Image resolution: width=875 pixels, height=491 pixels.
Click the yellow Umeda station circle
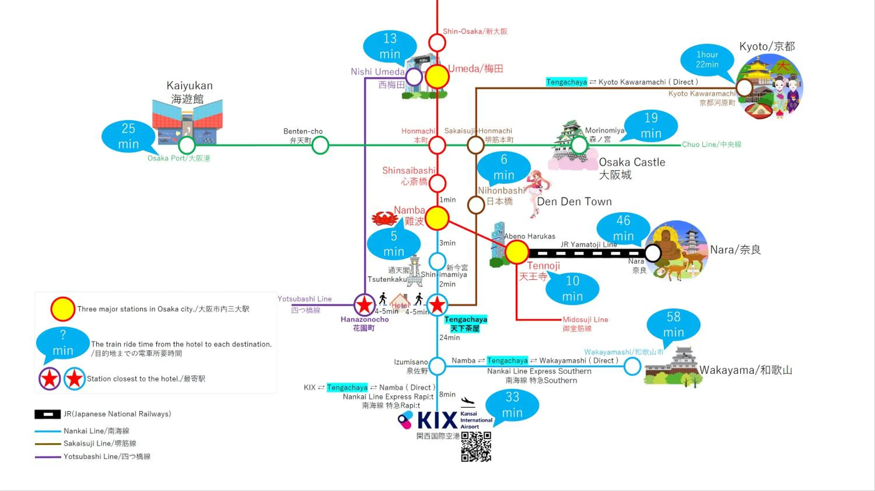point(437,77)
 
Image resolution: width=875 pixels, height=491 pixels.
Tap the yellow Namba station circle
point(437,218)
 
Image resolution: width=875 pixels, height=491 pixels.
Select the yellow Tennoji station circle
point(516,252)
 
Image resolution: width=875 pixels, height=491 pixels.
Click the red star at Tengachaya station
point(437,305)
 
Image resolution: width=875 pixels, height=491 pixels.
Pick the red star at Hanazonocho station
point(365,305)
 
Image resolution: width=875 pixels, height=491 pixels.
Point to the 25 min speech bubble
point(128,136)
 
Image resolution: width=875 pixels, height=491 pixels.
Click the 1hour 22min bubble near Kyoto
point(707,60)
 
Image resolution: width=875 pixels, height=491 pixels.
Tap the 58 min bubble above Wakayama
point(673,325)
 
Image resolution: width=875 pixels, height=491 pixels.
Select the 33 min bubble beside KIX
point(512,405)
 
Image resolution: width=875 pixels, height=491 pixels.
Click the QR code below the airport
point(476,446)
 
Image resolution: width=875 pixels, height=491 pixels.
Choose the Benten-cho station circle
point(320,145)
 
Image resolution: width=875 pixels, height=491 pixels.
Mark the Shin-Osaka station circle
point(437,43)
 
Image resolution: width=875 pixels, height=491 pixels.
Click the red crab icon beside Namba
point(384,218)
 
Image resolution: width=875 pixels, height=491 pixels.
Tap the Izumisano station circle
point(437,366)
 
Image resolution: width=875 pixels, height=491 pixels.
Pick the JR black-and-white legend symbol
point(48,414)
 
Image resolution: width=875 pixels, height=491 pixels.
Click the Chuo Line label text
point(712,144)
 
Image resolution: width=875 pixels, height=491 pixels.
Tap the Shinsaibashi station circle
point(437,183)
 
